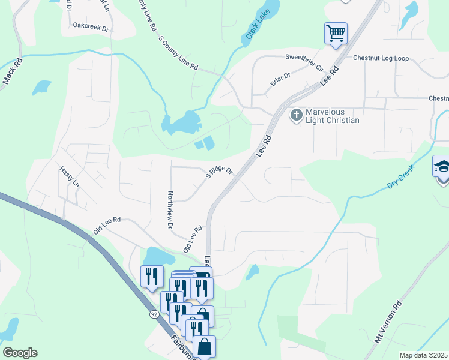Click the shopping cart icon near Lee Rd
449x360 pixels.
pos(336,32)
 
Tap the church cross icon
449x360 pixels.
pos(296,114)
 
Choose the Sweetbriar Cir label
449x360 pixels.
pos(304,58)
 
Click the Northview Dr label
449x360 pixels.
pos(170,210)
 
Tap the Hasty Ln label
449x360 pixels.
pos(69,177)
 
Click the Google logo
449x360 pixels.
pos(20,353)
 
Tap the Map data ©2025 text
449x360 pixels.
pos(423,355)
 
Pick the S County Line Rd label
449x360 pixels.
pos(178,54)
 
